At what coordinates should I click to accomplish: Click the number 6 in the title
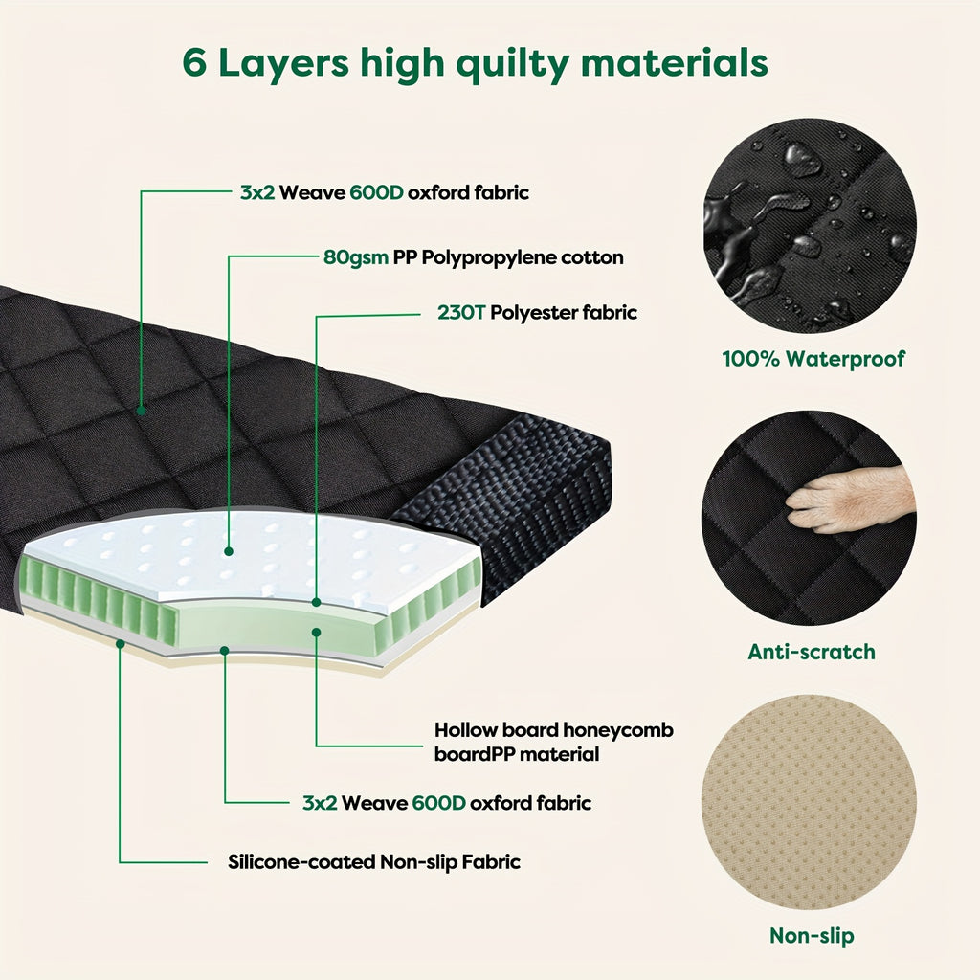(194, 63)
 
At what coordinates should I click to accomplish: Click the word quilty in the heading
(513, 64)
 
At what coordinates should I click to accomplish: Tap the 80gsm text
(356, 258)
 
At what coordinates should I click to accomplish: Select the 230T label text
(461, 313)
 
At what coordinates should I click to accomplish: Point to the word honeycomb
(618, 730)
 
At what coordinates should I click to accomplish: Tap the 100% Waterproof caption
(813, 359)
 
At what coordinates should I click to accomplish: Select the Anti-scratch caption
(812, 652)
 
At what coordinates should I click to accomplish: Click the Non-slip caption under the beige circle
(812, 936)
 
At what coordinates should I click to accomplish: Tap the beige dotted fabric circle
(810, 803)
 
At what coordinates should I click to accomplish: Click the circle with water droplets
(810, 226)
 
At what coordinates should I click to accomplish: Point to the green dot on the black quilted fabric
(142, 411)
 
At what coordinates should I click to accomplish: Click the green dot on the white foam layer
(229, 551)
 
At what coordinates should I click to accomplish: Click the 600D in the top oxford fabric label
(376, 192)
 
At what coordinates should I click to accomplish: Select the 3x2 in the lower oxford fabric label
(320, 803)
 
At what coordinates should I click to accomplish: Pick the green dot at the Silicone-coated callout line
(121, 644)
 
